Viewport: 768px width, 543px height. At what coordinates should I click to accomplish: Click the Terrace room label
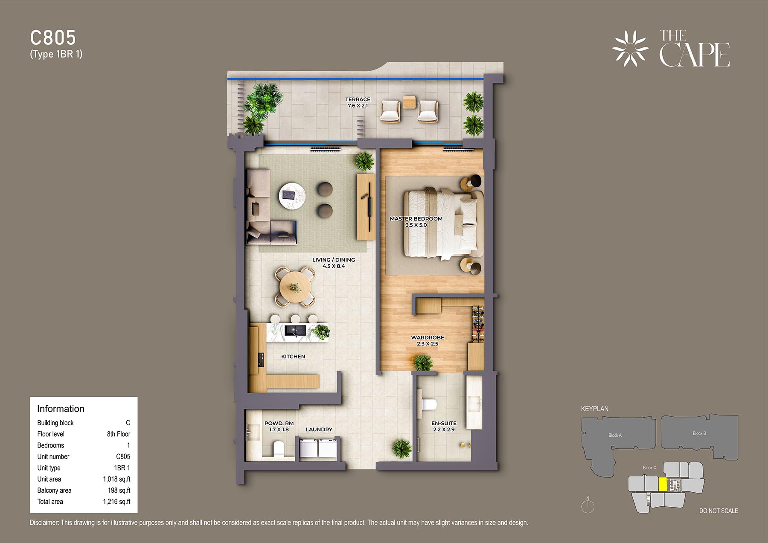[358, 102]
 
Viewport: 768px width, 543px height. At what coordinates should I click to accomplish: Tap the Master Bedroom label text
[416, 219]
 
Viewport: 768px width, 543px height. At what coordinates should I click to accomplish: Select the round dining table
[295, 287]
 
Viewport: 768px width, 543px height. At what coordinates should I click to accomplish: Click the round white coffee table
[292, 196]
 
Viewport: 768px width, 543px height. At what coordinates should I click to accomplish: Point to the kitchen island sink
[295, 331]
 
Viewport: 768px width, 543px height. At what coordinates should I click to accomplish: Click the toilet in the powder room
[279, 449]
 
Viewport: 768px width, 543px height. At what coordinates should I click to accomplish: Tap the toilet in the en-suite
[428, 404]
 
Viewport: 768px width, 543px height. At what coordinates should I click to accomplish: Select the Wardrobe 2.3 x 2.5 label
[428, 340]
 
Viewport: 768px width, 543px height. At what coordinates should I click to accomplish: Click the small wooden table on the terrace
[409, 102]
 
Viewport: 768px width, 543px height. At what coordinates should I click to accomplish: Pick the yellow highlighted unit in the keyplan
[663, 485]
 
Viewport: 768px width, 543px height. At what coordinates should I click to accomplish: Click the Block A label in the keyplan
[615, 435]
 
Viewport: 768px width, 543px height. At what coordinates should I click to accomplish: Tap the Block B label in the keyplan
[699, 433]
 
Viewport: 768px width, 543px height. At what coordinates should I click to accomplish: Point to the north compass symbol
[588, 505]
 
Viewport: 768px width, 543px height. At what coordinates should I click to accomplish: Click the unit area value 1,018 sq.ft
[116, 479]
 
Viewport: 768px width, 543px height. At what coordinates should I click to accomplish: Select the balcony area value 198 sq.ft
[119, 491]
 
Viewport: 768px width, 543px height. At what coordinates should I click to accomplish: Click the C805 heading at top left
[53, 38]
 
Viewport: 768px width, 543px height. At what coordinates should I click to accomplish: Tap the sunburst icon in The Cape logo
[630, 49]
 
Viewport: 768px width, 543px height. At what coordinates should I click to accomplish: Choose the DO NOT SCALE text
[719, 511]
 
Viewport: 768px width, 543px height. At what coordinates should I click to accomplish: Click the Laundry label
[319, 430]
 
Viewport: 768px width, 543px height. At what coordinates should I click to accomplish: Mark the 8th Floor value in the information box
[119, 434]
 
